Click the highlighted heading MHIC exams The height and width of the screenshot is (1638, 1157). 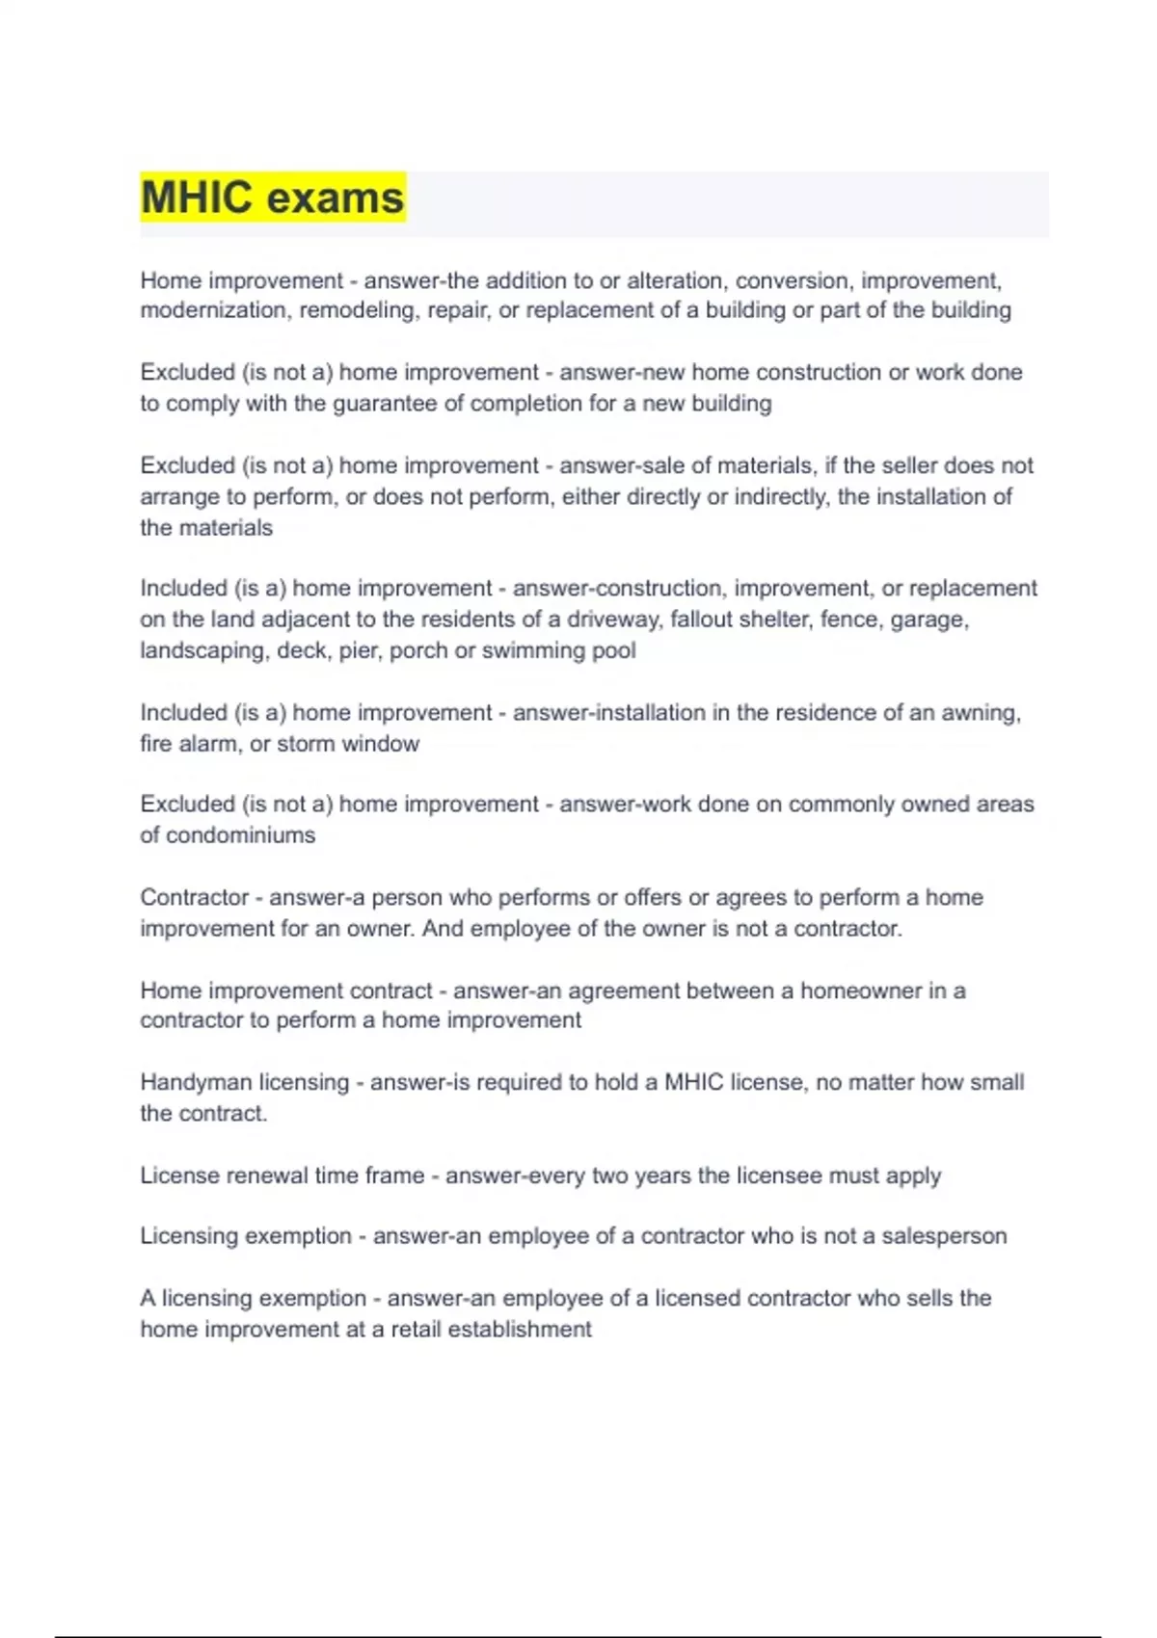273,198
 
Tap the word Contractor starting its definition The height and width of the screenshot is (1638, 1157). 194,897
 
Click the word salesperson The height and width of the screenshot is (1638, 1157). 944,1236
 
